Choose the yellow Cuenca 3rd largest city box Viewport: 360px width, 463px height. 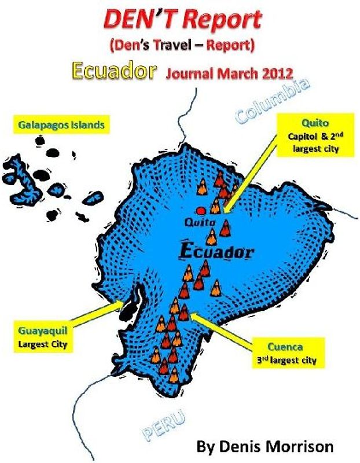(288, 354)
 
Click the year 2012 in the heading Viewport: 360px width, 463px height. (273, 74)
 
